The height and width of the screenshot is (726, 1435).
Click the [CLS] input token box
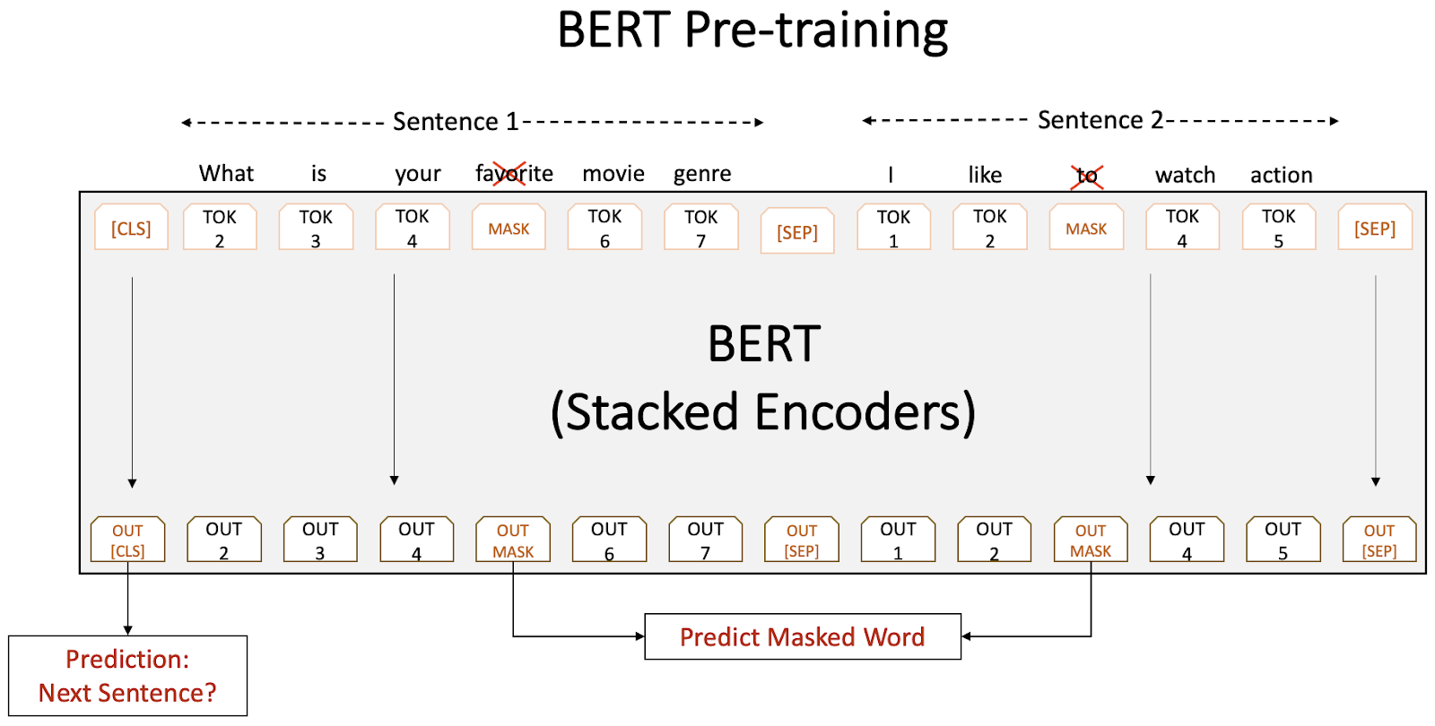[x=131, y=229]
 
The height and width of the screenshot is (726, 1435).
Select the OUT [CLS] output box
[x=127, y=540]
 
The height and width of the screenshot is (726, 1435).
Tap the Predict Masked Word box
[x=802, y=636]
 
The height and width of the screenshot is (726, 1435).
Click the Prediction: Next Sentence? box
[x=127, y=676]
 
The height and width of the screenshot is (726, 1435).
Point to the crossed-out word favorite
[x=514, y=173]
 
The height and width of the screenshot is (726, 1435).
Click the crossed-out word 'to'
[x=1087, y=176]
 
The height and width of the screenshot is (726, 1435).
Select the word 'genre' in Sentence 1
[x=702, y=173]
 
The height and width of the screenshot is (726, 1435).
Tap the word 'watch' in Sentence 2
[x=1185, y=175]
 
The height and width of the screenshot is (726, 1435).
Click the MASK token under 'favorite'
[x=509, y=229]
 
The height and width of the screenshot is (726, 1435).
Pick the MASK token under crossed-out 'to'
[x=1086, y=229]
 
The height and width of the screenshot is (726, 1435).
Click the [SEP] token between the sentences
[x=797, y=232]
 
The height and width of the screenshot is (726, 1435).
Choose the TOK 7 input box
[x=701, y=229]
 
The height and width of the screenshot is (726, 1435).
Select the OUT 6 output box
[x=609, y=540]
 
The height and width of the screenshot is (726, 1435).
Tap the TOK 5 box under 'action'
[x=1279, y=229]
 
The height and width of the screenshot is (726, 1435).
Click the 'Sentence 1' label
[x=456, y=121]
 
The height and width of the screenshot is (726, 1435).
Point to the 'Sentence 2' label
[x=1100, y=120]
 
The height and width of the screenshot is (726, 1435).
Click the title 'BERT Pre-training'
[x=752, y=30]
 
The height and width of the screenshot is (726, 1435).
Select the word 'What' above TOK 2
[x=226, y=173]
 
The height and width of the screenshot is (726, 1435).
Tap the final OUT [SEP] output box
[x=1379, y=540]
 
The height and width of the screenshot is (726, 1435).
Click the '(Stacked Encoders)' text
[x=763, y=412]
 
